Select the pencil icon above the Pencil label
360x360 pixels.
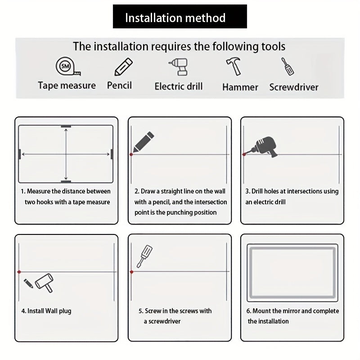coord(123,67)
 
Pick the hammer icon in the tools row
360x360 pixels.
coord(233,67)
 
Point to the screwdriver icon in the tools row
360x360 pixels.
coord(288,67)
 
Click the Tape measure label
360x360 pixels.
coord(67,85)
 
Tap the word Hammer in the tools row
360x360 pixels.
coord(240,87)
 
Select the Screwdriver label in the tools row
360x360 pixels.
coord(293,87)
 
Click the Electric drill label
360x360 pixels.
coord(178,86)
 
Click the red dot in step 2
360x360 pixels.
coord(131,154)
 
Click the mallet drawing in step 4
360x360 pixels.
coord(44,283)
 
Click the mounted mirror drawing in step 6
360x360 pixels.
coord(292,273)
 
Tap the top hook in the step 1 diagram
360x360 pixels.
coord(66,126)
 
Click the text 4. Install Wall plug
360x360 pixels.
coord(46,311)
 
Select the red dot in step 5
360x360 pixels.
coord(131,272)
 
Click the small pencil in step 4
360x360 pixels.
coord(28,283)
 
